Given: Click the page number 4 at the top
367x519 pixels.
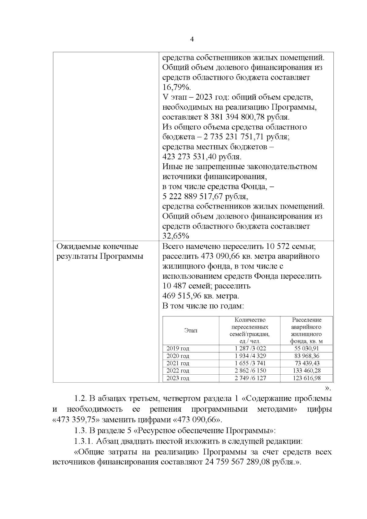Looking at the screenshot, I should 192,39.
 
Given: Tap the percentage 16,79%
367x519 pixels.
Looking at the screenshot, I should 176,87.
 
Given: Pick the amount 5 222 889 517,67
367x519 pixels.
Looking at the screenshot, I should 192,197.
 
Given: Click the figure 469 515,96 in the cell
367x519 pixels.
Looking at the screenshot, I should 187,296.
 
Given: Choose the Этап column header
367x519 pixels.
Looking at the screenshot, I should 191,331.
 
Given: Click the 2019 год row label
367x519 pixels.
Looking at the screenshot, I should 178,349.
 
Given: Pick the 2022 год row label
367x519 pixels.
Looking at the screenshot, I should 178,371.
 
